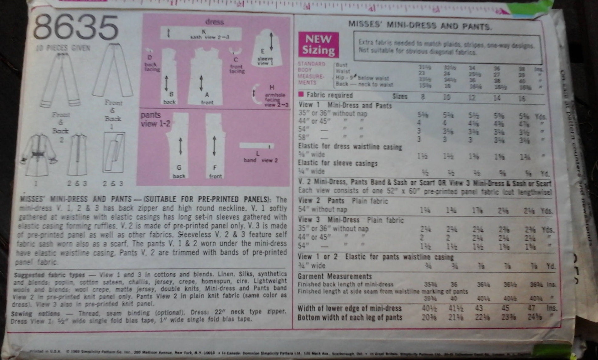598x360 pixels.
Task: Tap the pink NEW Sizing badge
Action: [318, 45]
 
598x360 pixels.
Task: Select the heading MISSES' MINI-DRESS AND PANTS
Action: [420, 25]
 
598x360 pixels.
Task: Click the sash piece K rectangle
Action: [201, 33]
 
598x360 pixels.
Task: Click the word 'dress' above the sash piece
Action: [214, 22]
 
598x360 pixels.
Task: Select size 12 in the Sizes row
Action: [471, 97]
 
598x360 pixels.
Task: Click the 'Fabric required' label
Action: [329, 95]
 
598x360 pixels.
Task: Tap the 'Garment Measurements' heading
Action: [335, 276]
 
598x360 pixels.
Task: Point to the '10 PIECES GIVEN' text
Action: [63, 48]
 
